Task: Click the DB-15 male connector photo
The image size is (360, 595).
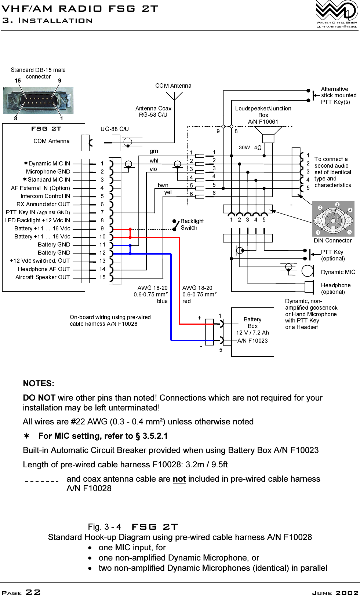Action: click(39, 101)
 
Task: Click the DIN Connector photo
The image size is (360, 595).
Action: click(333, 219)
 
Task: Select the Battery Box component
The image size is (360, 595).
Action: click(252, 332)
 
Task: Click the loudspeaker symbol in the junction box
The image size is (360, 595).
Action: click(268, 134)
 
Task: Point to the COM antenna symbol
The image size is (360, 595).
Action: click(174, 96)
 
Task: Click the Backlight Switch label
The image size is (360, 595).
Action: click(192, 225)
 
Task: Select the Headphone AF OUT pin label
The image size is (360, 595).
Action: click(44, 269)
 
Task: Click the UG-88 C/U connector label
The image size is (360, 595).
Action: click(114, 129)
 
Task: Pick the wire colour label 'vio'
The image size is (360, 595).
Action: click(153, 169)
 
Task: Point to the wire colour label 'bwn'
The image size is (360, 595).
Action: click(163, 185)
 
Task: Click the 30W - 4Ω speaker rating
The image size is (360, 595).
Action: click(250, 147)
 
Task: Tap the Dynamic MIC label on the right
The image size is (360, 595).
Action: click(338, 272)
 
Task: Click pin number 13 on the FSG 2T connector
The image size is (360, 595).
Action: click(102, 261)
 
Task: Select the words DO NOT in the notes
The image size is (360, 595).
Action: click(39, 398)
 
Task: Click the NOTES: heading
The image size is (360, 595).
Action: click(39, 384)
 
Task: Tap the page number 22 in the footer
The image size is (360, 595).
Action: click(33, 592)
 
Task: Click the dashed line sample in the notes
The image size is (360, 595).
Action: click(42, 481)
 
